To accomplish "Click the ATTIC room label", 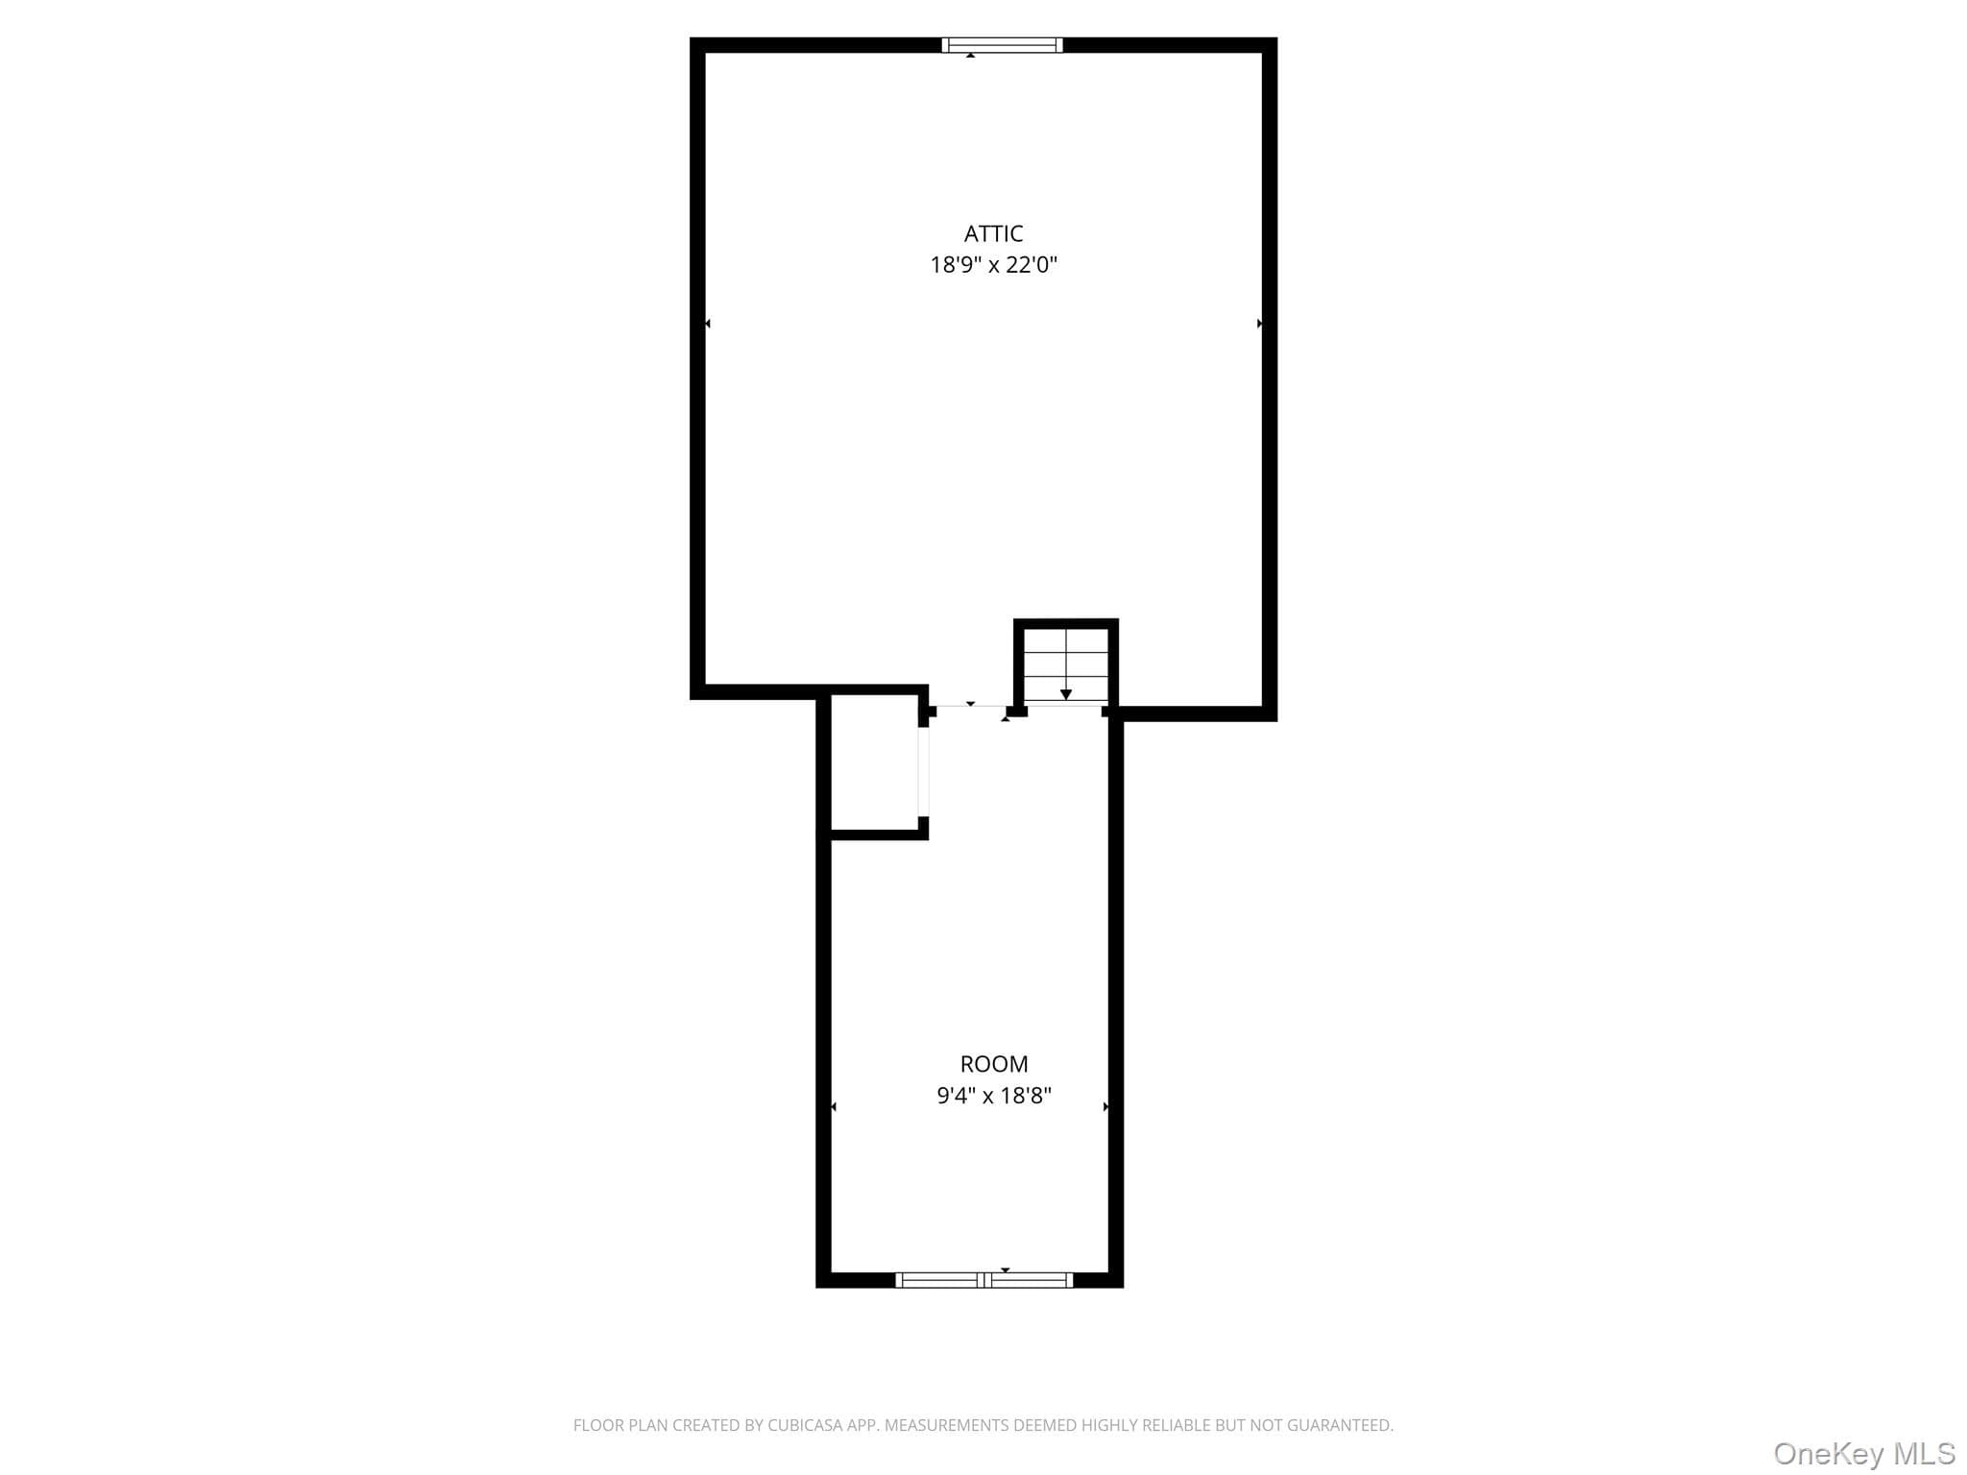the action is (x=993, y=233).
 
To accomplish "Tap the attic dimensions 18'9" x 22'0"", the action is (x=993, y=265).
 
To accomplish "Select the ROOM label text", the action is (x=994, y=1064).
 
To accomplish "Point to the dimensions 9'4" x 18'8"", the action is (x=994, y=1096).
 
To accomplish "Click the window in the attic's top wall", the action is (x=1002, y=44).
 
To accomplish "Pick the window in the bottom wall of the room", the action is (x=983, y=1279).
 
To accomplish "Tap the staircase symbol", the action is (x=1066, y=665).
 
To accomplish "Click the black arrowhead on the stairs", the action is (x=1066, y=694).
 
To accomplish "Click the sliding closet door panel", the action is (x=924, y=771).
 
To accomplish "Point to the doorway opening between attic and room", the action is (x=970, y=707).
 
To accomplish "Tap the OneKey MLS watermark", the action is (x=1864, y=1453).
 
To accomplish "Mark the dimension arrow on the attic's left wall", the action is (x=708, y=324).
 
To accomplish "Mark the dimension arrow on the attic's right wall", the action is (x=1259, y=324).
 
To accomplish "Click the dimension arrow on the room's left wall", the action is (x=833, y=1107).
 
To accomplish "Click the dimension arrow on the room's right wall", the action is (x=1106, y=1107).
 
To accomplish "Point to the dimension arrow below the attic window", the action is (x=971, y=56).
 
